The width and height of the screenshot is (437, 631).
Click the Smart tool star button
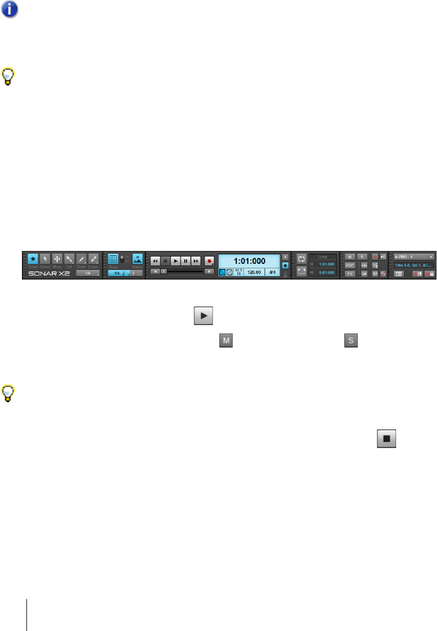(x=33, y=259)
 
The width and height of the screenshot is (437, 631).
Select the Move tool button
(x=57, y=259)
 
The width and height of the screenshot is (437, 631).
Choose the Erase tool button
(x=93, y=259)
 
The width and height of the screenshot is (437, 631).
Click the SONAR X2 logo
(x=49, y=274)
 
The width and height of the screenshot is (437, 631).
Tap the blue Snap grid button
(x=113, y=259)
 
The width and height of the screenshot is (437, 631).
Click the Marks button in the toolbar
(x=137, y=259)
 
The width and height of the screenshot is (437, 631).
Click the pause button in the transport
(x=185, y=261)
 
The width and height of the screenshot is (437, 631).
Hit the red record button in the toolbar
(x=210, y=261)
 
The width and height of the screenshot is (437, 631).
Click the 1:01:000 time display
(x=249, y=260)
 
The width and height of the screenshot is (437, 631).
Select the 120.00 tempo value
(x=254, y=272)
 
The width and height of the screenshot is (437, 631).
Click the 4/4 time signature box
(x=272, y=272)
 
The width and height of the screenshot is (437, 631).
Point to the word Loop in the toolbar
(x=322, y=257)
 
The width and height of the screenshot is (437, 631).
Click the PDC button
(x=349, y=265)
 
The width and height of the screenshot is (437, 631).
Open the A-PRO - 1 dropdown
(x=413, y=257)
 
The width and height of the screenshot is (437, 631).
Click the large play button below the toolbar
(x=204, y=316)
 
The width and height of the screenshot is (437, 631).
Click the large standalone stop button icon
(x=386, y=435)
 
